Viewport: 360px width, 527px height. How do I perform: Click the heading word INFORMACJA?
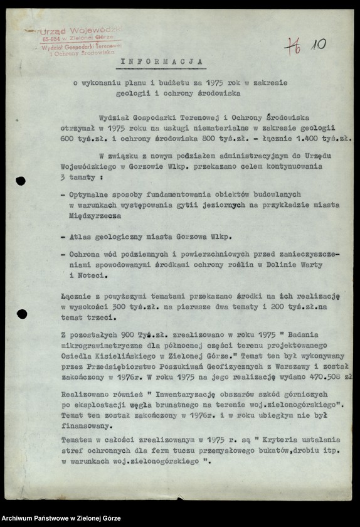(x=162, y=62)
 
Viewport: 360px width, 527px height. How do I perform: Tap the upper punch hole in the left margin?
(x=21, y=181)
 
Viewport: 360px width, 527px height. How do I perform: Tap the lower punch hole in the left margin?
(x=21, y=313)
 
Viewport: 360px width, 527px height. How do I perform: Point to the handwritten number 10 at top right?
(x=318, y=45)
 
